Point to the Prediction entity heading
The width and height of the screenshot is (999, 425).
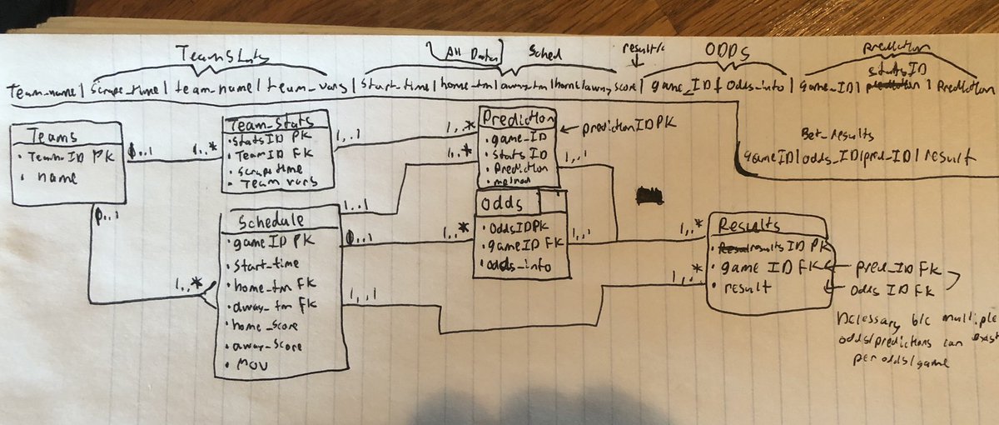click(517, 117)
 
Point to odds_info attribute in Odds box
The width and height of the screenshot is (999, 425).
click(520, 265)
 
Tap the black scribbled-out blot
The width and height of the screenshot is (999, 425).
click(649, 196)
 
